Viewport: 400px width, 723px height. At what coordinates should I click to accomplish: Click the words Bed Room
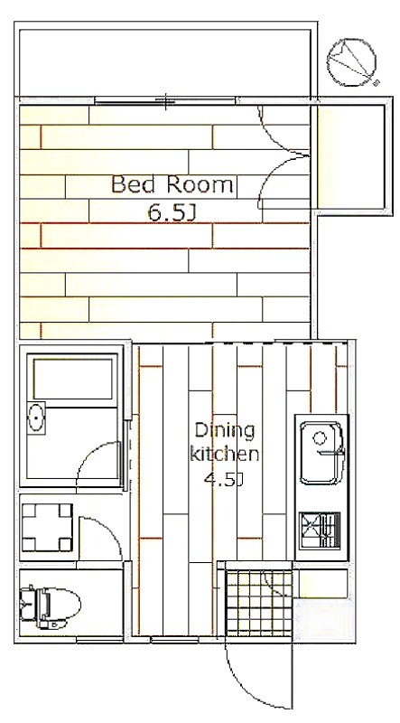click(x=172, y=185)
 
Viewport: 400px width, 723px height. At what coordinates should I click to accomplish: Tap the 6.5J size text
click(x=172, y=212)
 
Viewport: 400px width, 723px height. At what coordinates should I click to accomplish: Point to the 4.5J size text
click(x=224, y=480)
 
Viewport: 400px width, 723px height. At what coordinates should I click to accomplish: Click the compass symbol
click(x=352, y=62)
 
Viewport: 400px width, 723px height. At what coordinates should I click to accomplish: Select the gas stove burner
click(x=320, y=531)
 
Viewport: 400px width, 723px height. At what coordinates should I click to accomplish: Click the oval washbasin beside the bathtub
click(x=36, y=418)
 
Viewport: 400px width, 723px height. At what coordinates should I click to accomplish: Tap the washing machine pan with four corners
click(x=47, y=527)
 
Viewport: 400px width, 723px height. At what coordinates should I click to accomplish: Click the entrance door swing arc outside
click(x=251, y=688)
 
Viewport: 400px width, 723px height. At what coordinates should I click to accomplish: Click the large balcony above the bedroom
click(x=167, y=61)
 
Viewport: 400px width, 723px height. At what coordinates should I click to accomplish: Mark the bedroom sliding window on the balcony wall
click(x=166, y=100)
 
